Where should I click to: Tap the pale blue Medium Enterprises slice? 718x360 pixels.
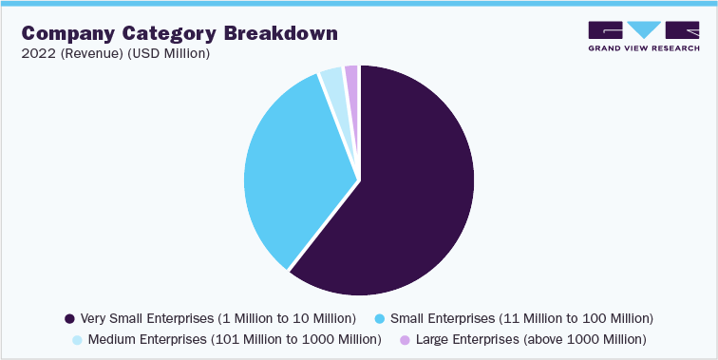coord(331,82)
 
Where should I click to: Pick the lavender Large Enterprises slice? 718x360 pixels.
coord(351,75)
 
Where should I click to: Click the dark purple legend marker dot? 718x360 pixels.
coord(69,317)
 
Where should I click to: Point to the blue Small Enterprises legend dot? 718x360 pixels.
coord(381,317)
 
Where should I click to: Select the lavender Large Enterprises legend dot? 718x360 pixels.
coord(405,339)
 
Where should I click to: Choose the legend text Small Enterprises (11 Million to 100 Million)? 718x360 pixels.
coord(521,317)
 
